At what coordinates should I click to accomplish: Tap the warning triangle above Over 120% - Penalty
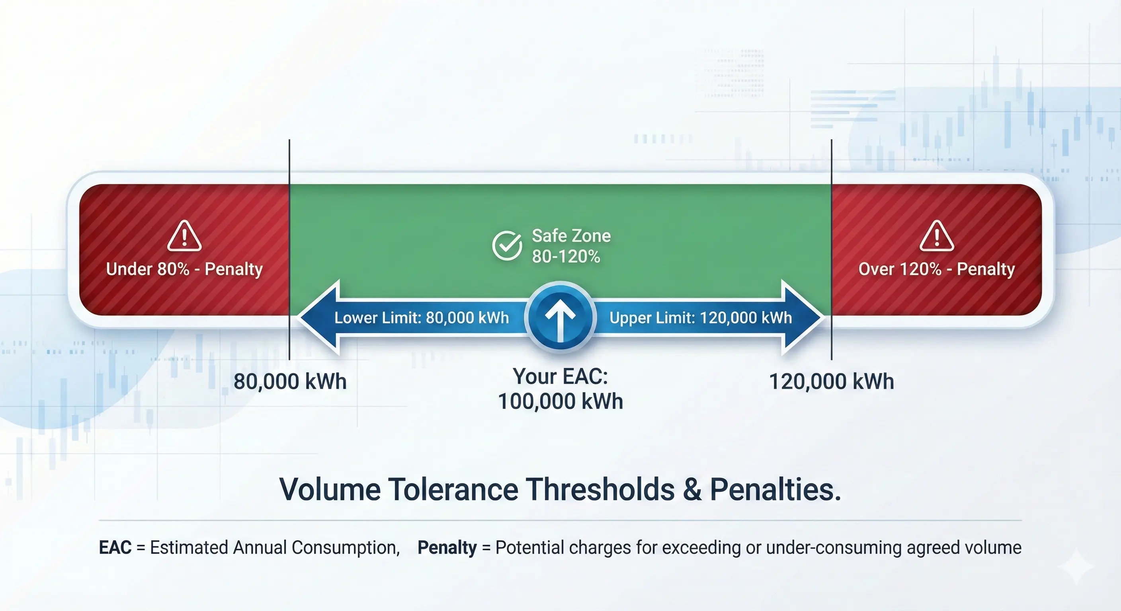[x=936, y=237]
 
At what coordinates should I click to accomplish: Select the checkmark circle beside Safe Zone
[x=507, y=246]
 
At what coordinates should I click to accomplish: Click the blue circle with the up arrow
[x=560, y=317]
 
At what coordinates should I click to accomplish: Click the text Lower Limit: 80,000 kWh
[x=421, y=318]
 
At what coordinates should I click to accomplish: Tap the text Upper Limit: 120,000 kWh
[x=700, y=318]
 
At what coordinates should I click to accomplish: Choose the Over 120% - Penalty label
[x=936, y=269]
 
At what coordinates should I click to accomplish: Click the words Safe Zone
[x=571, y=236]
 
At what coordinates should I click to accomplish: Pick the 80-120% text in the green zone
[x=566, y=257]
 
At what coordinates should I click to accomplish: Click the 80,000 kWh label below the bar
[x=290, y=381]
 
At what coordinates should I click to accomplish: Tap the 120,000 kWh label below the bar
[x=831, y=381]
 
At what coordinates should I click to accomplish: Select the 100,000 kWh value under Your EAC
[x=560, y=401]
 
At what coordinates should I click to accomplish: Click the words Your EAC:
[x=560, y=376]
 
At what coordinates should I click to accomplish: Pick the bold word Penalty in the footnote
[x=447, y=547]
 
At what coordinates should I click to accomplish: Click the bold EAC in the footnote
[x=115, y=547]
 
